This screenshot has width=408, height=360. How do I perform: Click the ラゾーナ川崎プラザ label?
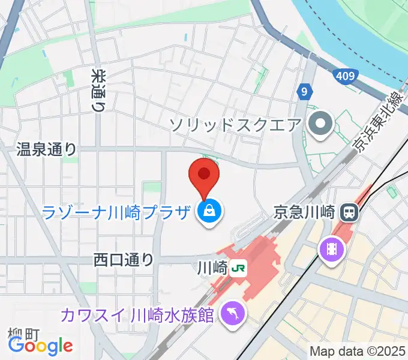click(x=117, y=211)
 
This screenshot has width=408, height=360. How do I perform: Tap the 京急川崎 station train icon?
click(x=348, y=211)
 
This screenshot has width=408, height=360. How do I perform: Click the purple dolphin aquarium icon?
click(x=230, y=313)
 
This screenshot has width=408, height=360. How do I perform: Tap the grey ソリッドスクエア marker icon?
click(x=320, y=125)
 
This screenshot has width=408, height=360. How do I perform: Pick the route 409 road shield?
click(x=344, y=76)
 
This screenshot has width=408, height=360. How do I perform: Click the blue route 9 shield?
click(x=305, y=92)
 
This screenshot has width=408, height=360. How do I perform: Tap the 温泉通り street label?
click(x=47, y=149)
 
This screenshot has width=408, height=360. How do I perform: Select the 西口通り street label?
click(x=124, y=260)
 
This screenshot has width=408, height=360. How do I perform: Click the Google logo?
click(x=40, y=346)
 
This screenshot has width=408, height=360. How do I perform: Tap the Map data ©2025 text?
click(x=357, y=352)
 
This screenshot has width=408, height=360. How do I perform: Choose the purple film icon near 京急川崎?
click(x=331, y=248)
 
